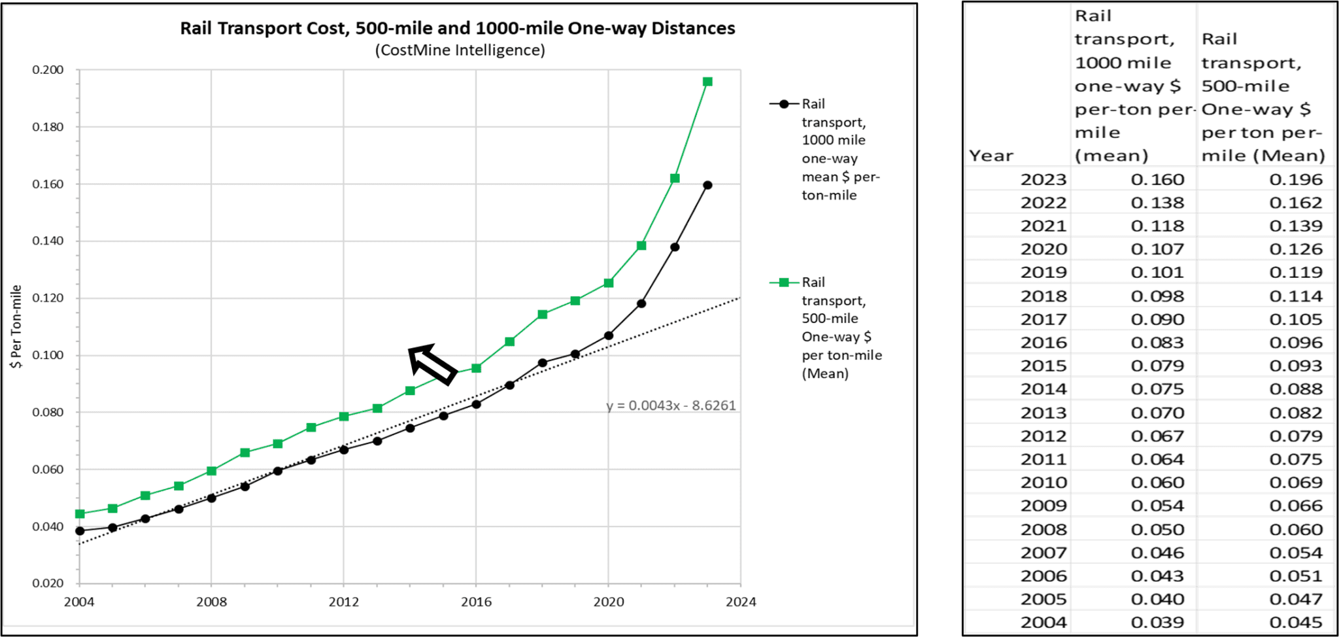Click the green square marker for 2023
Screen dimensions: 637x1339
(x=707, y=82)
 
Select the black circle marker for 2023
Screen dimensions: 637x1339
(x=707, y=185)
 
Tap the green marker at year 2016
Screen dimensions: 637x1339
(x=476, y=368)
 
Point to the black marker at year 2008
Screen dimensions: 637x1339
(x=211, y=498)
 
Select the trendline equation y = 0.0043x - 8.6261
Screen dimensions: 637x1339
(x=671, y=405)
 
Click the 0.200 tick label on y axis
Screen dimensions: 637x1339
(x=48, y=70)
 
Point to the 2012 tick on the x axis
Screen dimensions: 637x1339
(x=343, y=602)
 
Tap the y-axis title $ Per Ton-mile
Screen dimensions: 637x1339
(x=17, y=326)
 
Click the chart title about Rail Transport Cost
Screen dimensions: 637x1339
(x=458, y=28)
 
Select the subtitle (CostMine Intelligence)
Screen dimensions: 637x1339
(x=460, y=50)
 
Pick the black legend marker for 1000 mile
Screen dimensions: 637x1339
(x=784, y=104)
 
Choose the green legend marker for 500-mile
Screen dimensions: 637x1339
(x=784, y=283)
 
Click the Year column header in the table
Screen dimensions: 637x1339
(x=991, y=156)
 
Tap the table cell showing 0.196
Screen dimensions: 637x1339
(x=1295, y=179)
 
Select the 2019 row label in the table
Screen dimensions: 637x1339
(x=1043, y=272)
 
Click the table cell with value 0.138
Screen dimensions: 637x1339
(x=1157, y=203)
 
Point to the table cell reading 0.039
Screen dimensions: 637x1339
(x=1157, y=622)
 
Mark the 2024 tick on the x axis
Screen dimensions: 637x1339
(x=740, y=602)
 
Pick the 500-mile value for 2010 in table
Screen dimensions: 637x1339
(x=1295, y=483)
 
